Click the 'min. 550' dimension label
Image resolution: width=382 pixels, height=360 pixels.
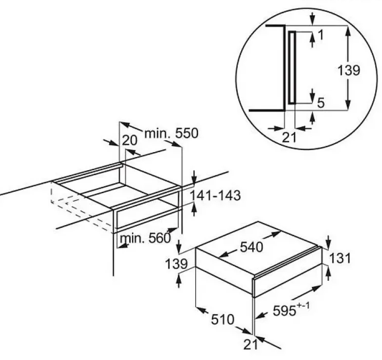click(x=171, y=133)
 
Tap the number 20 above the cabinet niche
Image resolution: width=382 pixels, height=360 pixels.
click(x=129, y=140)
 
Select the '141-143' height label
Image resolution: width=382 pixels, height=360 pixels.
click(x=215, y=196)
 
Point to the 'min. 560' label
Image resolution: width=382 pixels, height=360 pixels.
click(x=145, y=238)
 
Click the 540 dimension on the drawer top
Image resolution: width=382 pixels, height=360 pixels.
click(x=251, y=247)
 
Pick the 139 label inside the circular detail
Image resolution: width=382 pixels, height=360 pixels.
click(x=349, y=70)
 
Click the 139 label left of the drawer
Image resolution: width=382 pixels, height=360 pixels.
click(x=176, y=264)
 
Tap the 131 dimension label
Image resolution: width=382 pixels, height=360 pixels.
click(x=340, y=258)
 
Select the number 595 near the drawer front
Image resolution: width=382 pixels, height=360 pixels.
click(x=284, y=311)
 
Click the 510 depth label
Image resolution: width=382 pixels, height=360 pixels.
click(x=223, y=319)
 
